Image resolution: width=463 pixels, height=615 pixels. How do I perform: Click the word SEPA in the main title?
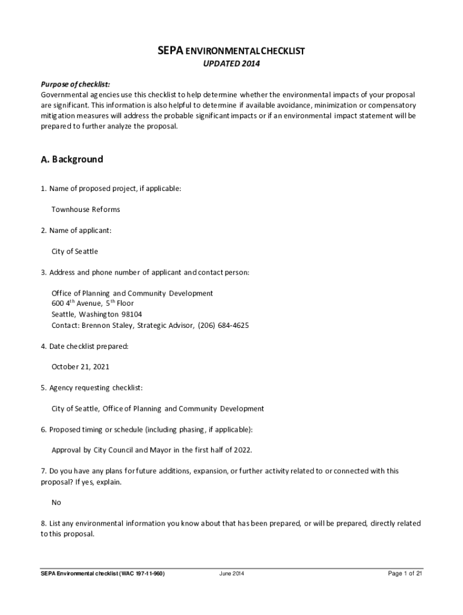pos(170,51)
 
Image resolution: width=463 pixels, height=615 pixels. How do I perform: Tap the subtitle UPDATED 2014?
pos(231,65)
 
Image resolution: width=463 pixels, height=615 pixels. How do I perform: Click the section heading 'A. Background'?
pos(72,160)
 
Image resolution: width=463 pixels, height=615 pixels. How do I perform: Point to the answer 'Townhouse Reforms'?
pos(85,210)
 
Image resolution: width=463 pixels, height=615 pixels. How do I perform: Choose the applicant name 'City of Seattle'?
pos(75,252)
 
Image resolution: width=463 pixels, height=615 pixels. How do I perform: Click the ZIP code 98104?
pos(138,314)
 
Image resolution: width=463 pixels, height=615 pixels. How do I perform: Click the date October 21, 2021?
pos(80,366)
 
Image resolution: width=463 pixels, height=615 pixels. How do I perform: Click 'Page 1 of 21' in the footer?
pos(406,574)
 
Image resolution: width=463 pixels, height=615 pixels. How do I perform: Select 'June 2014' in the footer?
pos(231,574)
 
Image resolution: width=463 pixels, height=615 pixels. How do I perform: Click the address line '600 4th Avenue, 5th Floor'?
pos(93,303)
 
